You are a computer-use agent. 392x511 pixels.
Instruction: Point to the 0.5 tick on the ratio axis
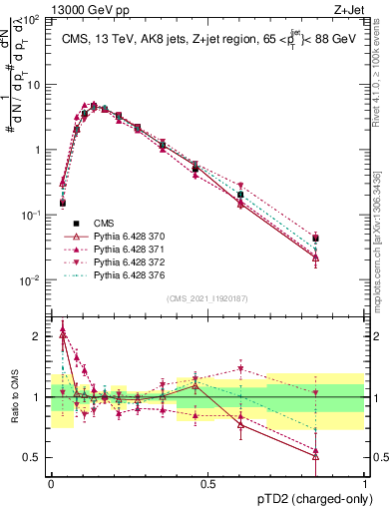tap(34, 458)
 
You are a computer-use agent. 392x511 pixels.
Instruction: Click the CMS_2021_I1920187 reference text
tap(207, 297)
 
